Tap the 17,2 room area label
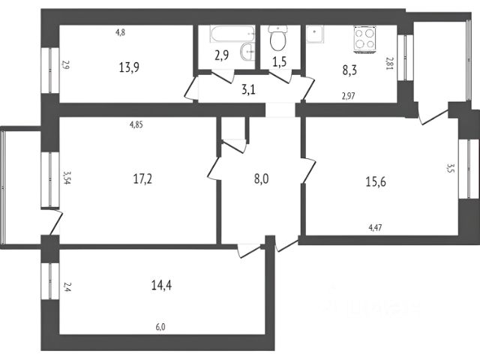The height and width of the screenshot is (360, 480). [143, 178]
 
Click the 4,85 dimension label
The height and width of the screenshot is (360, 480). [136, 124]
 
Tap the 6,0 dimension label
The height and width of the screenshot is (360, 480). [160, 327]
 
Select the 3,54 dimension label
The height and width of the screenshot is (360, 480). [67, 178]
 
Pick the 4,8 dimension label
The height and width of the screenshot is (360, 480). [120, 32]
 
